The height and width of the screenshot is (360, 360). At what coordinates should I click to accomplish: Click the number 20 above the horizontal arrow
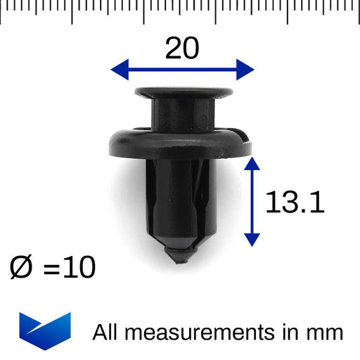click(x=182, y=48)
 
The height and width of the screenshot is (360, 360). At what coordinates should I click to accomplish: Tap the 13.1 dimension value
click(x=295, y=202)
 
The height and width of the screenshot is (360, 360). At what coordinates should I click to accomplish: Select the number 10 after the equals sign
click(x=79, y=267)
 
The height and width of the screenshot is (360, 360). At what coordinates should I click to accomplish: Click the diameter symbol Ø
click(x=20, y=267)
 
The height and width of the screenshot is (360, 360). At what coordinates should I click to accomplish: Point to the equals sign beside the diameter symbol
click(x=51, y=269)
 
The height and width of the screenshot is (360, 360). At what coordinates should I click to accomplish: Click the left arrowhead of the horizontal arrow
click(x=120, y=70)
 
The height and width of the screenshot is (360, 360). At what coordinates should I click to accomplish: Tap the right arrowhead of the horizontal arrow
click(x=245, y=70)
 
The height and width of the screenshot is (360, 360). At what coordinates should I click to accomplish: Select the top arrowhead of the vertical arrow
click(x=252, y=163)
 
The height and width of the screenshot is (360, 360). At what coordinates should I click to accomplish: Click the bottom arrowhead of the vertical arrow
click(x=252, y=240)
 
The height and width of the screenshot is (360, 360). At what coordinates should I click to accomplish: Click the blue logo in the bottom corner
click(x=45, y=331)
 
